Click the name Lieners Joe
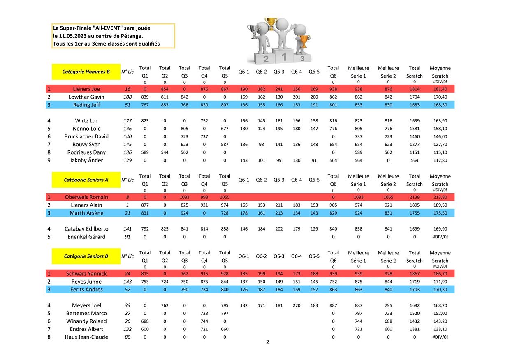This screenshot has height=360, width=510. pyautogui.click(x=86, y=89)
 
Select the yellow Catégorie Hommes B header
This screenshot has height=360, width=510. pyautogui.click(x=86, y=72)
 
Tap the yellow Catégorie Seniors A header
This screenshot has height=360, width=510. pyautogui.click(x=86, y=180)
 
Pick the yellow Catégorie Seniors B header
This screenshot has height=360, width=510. pyautogui.click(x=86, y=256)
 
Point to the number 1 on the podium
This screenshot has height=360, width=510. pyautogui.click(x=284, y=57)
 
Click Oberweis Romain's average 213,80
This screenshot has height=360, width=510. pyautogui.click(x=440, y=197)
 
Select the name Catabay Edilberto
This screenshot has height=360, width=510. pyautogui.click(x=86, y=229)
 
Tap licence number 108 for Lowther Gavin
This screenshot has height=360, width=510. pyautogui.click(x=128, y=97)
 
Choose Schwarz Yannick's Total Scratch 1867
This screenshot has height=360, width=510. pyautogui.click(x=415, y=274)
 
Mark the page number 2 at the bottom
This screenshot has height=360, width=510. pyautogui.click(x=267, y=342)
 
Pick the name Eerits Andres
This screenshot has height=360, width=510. pyautogui.click(x=86, y=290)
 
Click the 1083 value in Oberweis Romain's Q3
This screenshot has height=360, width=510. pyautogui.click(x=184, y=197)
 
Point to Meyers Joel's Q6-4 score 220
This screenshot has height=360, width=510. pyautogui.click(x=297, y=305)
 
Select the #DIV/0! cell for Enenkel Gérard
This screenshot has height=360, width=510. pyautogui.click(x=440, y=237)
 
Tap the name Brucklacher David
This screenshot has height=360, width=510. pyautogui.click(x=86, y=136)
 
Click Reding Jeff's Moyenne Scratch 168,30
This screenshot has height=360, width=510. pyautogui.click(x=440, y=105)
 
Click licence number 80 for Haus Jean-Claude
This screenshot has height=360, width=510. pyautogui.click(x=128, y=337)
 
